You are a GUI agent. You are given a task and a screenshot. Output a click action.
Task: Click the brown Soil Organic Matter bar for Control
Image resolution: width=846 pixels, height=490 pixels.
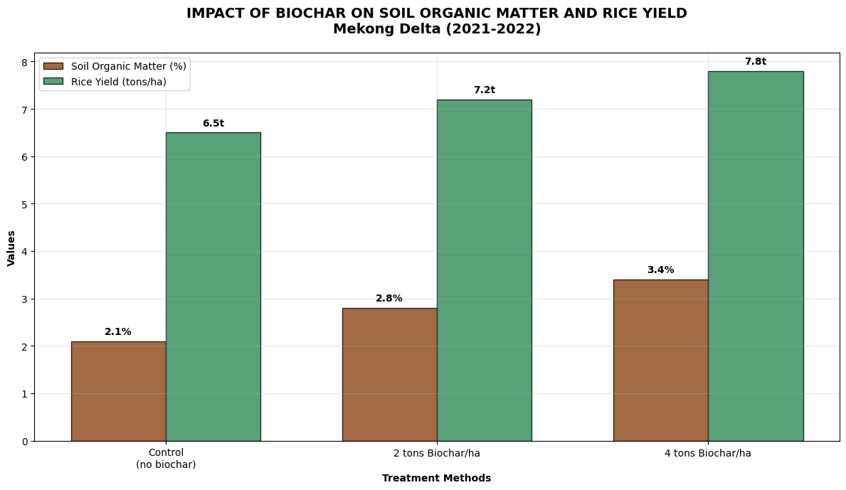pos(118,391)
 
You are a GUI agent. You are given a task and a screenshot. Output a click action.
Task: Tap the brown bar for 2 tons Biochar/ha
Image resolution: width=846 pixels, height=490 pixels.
pos(389,374)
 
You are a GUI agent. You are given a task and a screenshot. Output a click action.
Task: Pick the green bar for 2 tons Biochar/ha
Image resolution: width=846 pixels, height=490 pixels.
pos(484,270)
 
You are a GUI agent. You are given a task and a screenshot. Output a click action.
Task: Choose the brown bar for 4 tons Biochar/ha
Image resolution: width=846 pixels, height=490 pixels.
pos(660,360)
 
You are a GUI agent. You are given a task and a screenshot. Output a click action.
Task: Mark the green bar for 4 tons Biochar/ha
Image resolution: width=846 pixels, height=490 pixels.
pos(755,256)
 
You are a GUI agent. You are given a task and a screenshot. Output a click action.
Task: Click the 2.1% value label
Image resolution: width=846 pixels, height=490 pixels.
pos(118,332)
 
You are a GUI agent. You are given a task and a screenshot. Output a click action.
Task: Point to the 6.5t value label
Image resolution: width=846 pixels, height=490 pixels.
pos(213,124)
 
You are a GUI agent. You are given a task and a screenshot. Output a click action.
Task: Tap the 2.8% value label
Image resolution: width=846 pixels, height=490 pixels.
pos(389,299)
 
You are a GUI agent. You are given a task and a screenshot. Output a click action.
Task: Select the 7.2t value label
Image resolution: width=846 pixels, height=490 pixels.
pos(484,90)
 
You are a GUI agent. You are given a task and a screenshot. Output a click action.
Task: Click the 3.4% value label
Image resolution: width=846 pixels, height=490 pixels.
pos(660,270)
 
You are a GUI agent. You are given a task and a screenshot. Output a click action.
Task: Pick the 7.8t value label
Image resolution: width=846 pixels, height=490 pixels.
pos(755,62)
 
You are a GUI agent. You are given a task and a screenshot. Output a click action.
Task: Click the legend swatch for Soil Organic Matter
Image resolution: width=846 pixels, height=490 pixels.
pos(53,66)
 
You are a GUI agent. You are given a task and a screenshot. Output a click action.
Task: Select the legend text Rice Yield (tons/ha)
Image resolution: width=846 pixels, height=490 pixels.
pos(119,82)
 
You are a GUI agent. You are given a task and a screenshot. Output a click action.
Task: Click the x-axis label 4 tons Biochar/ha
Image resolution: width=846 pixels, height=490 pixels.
pos(708,454)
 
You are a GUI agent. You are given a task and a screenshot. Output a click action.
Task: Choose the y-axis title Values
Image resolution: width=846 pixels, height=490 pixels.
pos(11,248)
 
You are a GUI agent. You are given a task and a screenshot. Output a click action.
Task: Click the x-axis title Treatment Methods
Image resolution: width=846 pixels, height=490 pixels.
pos(436,479)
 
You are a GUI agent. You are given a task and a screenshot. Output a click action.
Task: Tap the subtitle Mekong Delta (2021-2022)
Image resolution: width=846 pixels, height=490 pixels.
pos(436,29)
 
